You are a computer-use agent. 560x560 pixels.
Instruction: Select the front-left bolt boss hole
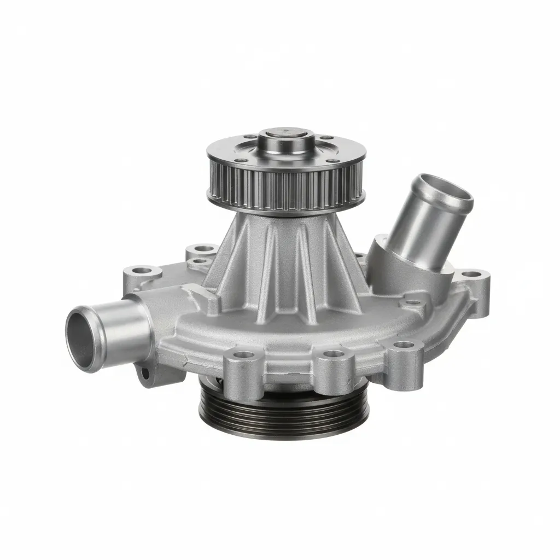coord(244,354)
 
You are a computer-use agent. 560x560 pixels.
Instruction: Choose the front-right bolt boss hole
coord(404,345)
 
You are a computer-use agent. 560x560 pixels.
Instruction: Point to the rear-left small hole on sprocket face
coord(250,137)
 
